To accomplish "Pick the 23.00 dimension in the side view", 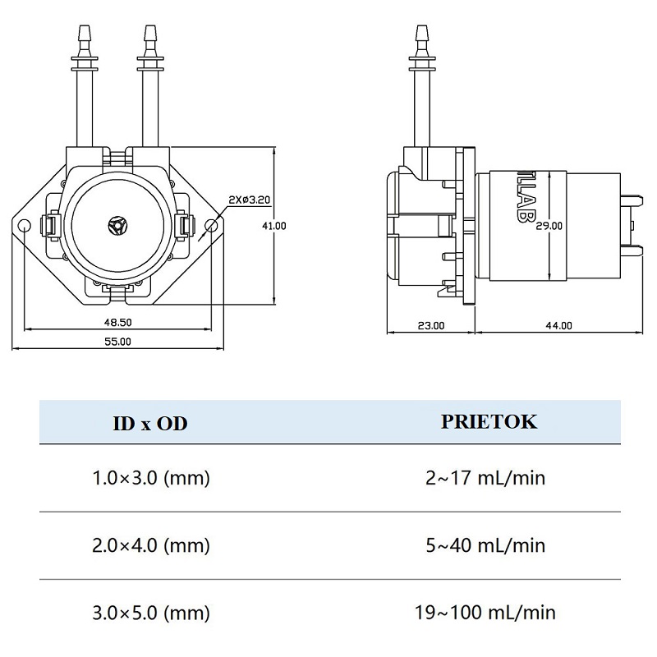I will tap(431, 326).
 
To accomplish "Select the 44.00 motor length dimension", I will tap(559, 326).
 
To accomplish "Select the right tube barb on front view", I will tap(149, 37).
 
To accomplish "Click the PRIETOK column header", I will tap(489, 422).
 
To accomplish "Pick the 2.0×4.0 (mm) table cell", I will tap(151, 545).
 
